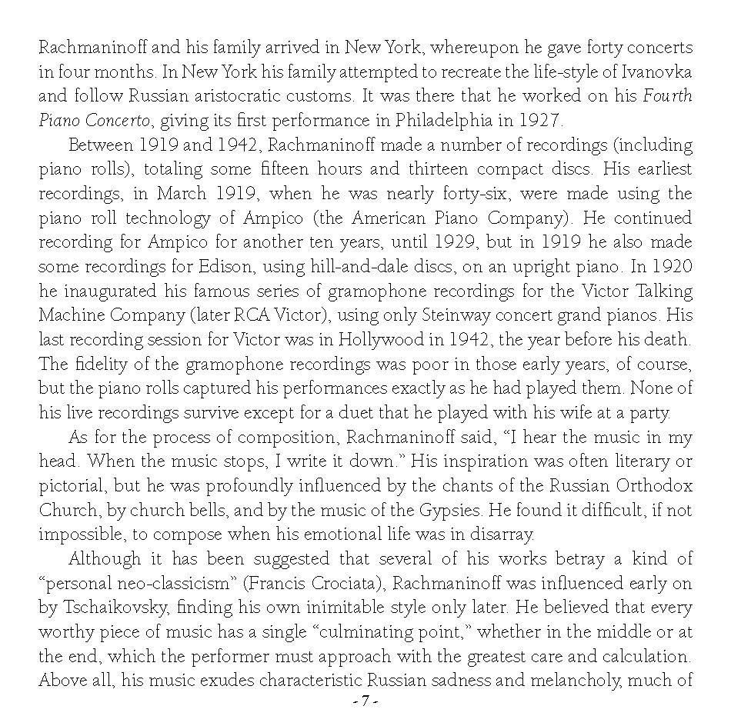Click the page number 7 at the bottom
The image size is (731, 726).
(x=365, y=702)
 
